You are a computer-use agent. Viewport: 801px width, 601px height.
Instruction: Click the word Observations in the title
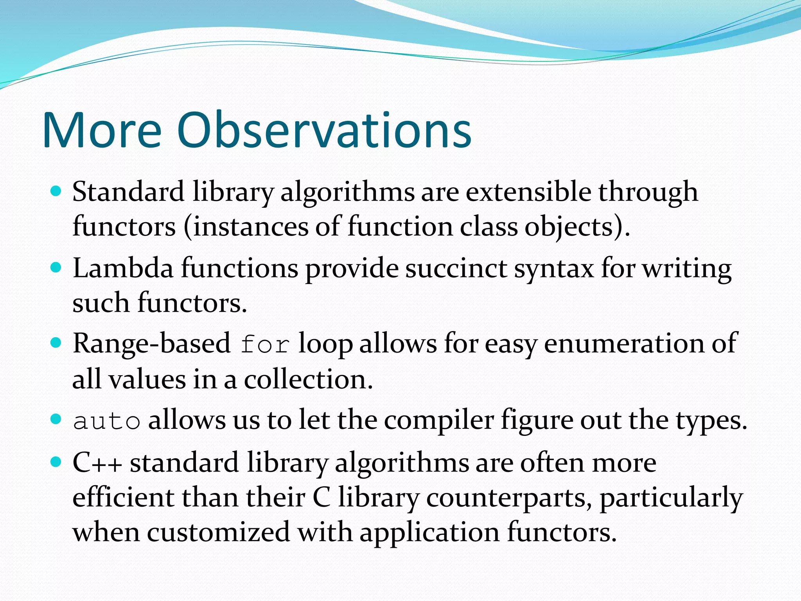pyautogui.click(x=324, y=130)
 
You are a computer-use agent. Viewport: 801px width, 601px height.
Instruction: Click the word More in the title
pyautogui.click(x=102, y=130)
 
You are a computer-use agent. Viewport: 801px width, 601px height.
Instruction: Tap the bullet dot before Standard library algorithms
pyautogui.click(x=57, y=191)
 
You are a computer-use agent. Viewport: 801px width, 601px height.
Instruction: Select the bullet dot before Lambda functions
pyautogui.click(x=57, y=268)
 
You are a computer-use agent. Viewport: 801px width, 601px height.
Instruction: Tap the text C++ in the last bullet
pyautogui.click(x=97, y=463)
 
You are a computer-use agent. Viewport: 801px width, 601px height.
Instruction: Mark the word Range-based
pyautogui.click(x=152, y=344)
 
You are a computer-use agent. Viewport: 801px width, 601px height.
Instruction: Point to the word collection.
pyautogui.click(x=308, y=380)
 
